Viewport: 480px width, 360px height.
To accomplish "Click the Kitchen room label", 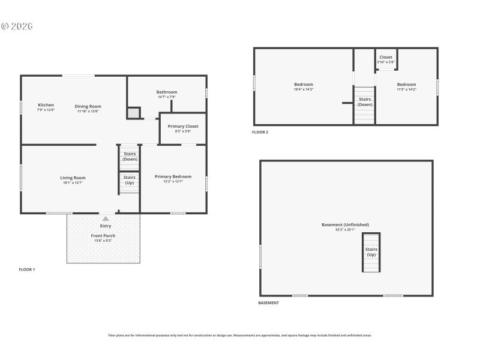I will (46, 105).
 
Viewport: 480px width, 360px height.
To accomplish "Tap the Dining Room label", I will (88, 107).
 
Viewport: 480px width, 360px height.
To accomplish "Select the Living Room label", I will (73, 178).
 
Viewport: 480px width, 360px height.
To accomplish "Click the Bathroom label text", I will (167, 92).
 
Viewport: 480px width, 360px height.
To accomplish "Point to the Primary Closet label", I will (183, 127).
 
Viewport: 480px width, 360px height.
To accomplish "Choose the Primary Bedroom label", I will (173, 176).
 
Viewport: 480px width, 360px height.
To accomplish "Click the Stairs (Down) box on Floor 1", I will (130, 157).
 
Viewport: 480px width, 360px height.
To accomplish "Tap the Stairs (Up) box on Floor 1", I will (130, 180).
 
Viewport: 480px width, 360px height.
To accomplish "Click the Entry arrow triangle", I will (106, 219).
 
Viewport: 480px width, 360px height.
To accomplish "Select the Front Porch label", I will (103, 236).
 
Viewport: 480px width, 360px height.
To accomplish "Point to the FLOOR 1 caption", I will (27, 269).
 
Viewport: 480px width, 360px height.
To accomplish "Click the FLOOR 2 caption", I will (260, 132).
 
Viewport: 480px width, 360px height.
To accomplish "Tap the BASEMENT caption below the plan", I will (268, 303).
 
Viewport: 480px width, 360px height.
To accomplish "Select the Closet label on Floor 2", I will (386, 58).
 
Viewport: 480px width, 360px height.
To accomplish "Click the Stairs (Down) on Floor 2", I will (365, 102).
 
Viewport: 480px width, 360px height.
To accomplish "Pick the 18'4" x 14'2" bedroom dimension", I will (303, 89).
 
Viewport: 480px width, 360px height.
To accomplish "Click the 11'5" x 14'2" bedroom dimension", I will (406, 89).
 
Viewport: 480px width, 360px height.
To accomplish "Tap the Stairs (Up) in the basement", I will (371, 252).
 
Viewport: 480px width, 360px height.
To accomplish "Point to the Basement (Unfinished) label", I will (346, 225).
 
